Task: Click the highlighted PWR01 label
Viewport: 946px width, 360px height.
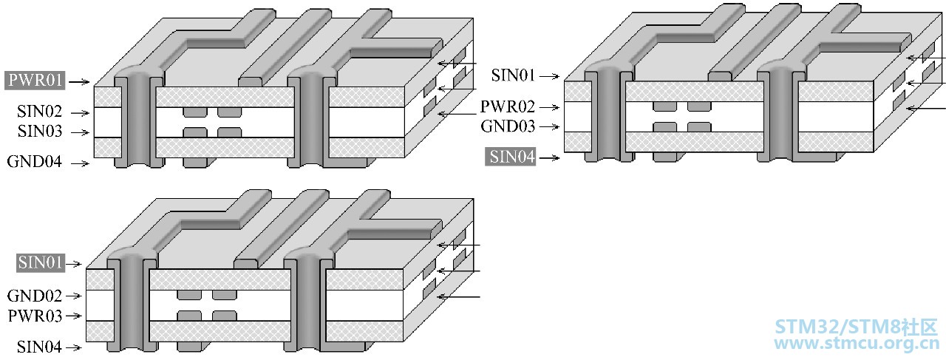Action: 35,81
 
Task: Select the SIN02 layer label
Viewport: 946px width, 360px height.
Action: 40,112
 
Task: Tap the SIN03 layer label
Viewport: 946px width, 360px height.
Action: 40,132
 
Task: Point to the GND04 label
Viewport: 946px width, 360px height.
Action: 34,162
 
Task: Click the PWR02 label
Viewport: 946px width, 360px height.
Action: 508,107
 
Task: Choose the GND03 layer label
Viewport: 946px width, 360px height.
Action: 508,126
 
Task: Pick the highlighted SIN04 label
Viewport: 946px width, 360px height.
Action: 510,157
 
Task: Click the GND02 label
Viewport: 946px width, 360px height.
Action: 35,296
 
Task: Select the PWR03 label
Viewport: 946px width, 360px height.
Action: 35,316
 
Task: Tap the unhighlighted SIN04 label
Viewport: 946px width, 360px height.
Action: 39,347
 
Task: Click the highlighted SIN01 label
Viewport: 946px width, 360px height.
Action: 41,263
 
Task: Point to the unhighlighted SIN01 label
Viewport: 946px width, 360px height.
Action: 513,75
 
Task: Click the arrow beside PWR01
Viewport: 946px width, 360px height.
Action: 79,81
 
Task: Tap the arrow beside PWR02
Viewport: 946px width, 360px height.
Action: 549,108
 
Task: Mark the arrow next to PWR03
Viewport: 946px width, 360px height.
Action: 73,316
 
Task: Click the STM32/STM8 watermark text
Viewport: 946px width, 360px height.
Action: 856,327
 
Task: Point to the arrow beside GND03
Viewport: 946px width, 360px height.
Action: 549,126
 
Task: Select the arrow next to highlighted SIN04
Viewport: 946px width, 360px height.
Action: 549,158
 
